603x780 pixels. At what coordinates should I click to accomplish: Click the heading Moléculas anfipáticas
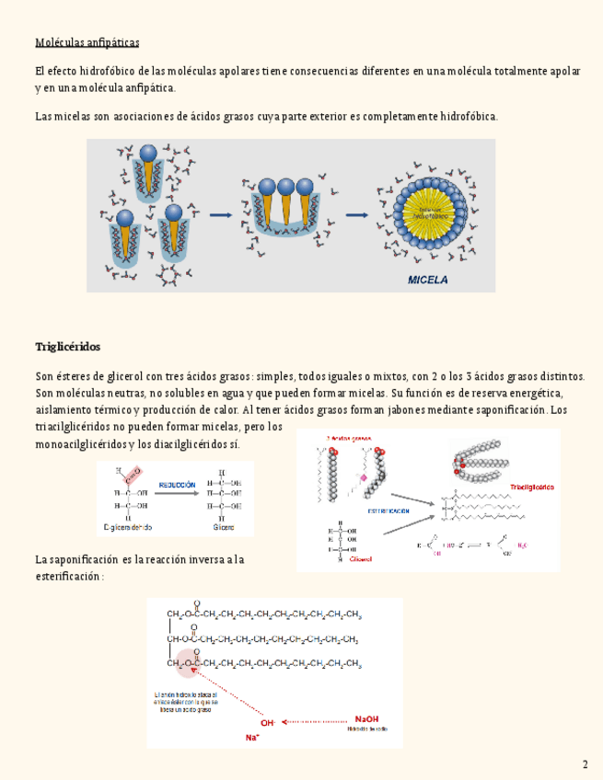[x=87, y=42]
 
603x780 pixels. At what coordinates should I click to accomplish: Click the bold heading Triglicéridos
[x=67, y=347]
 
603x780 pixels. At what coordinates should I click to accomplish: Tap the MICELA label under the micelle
[x=428, y=281]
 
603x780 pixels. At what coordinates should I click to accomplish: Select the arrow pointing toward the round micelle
[x=356, y=215]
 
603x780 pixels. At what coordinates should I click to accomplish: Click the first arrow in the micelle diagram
[x=220, y=215]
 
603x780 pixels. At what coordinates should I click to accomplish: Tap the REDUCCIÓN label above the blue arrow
[x=177, y=484]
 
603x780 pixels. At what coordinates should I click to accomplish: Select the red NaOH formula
[x=366, y=719]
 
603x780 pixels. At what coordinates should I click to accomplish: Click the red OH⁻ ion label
[x=268, y=723]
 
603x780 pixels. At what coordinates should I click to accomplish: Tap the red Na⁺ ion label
[x=251, y=738]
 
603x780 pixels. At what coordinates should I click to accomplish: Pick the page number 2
[x=585, y=764]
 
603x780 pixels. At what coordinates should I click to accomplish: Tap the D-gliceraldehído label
[x=127, y=527]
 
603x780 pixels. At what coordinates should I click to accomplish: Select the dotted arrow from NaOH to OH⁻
[x=317, y=722]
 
